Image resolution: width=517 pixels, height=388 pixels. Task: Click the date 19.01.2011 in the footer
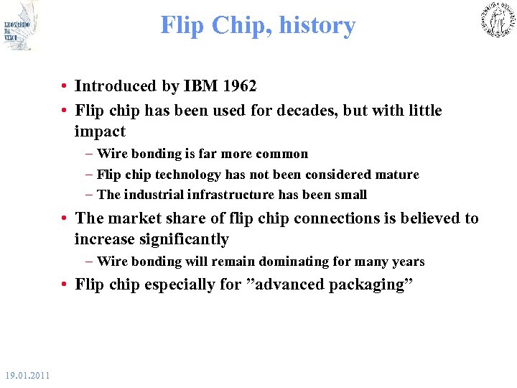coord(27,375)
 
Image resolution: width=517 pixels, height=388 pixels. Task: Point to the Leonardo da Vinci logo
coord(19,26)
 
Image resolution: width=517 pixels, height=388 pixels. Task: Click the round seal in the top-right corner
coord(497,19)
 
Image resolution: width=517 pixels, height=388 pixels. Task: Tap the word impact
coord(100,131)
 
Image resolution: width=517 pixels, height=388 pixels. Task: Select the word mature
coord(397,175)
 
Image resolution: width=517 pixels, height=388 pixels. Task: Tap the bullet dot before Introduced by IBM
coord(65,87)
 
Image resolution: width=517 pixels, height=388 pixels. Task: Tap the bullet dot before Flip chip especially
coord(65,285)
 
